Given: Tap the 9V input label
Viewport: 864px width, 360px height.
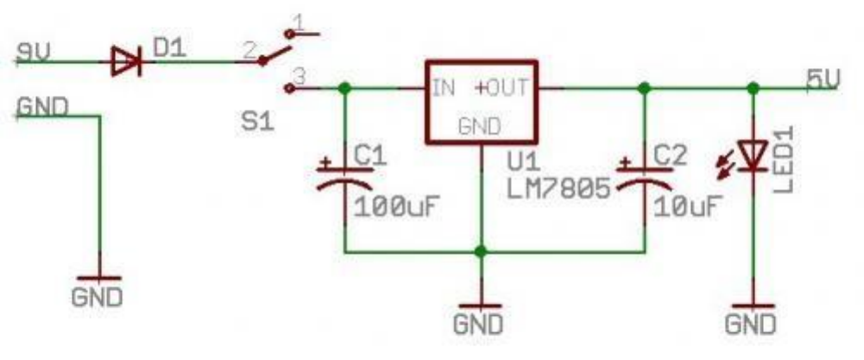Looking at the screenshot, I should (x=35, y=53).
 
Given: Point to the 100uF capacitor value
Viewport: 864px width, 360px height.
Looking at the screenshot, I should (x=393, y=207).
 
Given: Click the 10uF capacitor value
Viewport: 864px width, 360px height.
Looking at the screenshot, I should (x=687, y=207).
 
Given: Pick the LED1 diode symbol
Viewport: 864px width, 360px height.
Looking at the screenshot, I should (x=754, y=156).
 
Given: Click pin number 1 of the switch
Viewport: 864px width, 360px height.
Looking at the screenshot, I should (x=297, y=20).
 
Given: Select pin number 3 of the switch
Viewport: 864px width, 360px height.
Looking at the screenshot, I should (x=299, y=75).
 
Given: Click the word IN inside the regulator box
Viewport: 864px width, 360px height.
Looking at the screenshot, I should (x=445, y=87).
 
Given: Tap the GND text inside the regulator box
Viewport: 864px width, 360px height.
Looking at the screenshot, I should (x=480, y=126).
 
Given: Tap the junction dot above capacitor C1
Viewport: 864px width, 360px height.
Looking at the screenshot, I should (x=345, y=88).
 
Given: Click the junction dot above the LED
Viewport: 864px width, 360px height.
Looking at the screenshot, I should (x=753, y=88).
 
